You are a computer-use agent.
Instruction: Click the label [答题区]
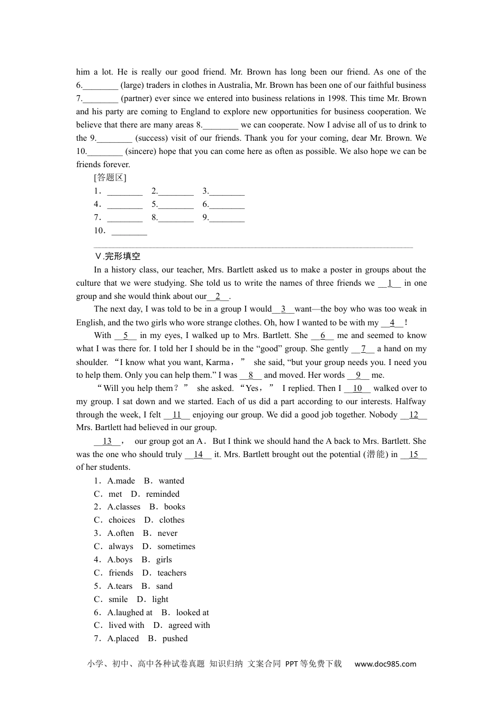tap(110, 178)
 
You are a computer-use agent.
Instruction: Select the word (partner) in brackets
tap(138, 98)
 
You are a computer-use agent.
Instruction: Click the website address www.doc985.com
tap(385, 664)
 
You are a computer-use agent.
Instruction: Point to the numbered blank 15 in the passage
tap(414, 454)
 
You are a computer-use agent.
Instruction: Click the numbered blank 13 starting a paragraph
tap(107, 441)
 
